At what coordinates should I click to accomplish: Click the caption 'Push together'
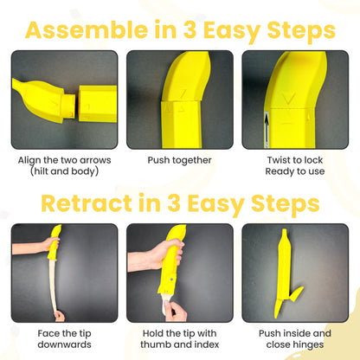click(179, 160)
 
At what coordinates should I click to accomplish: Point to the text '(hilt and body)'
click(63, 170)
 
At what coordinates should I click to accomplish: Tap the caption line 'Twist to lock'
click(295, 160)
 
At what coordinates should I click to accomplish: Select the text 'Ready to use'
click(295, 170)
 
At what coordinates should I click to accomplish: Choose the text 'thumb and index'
click(179, 344)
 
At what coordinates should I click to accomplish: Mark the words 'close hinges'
click(295, 344)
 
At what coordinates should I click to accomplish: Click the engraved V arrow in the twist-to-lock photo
click(286, 98)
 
